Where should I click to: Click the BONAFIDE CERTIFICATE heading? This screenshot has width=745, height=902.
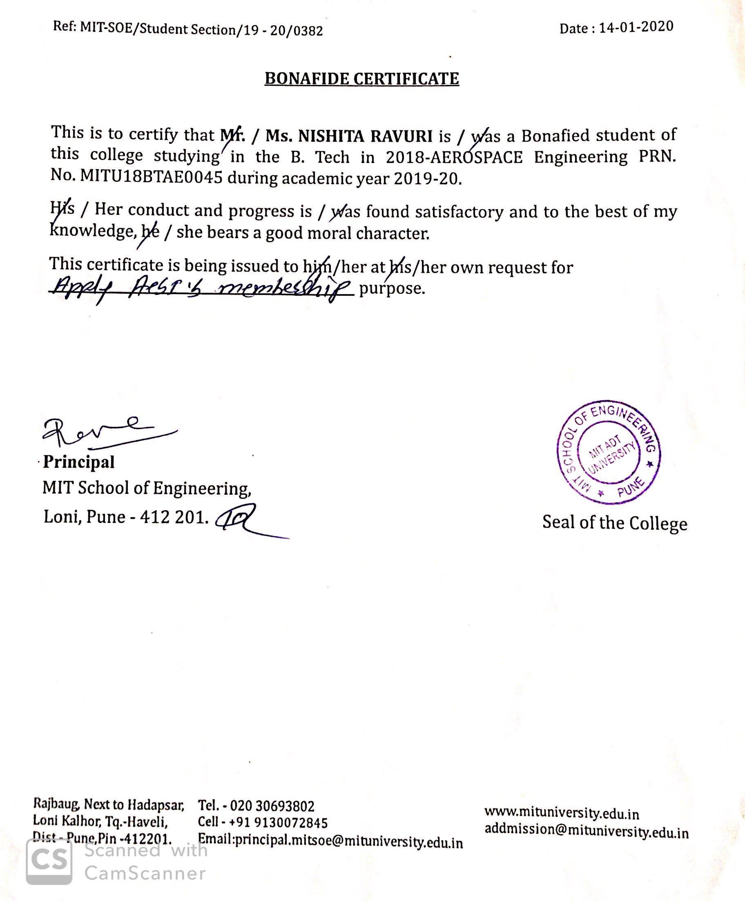click(x=361, y=79)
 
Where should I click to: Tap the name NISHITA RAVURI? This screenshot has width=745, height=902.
click(x=365, y=136)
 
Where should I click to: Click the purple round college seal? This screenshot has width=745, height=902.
click(x=609, y=453)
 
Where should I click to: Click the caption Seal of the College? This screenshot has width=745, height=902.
click(x=615, y=523)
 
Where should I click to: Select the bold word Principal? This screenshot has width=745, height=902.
click(x=79, y=462)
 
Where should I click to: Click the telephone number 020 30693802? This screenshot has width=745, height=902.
click(x=272, y=806)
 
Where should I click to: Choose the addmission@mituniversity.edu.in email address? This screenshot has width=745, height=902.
click(x=586, y=831)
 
